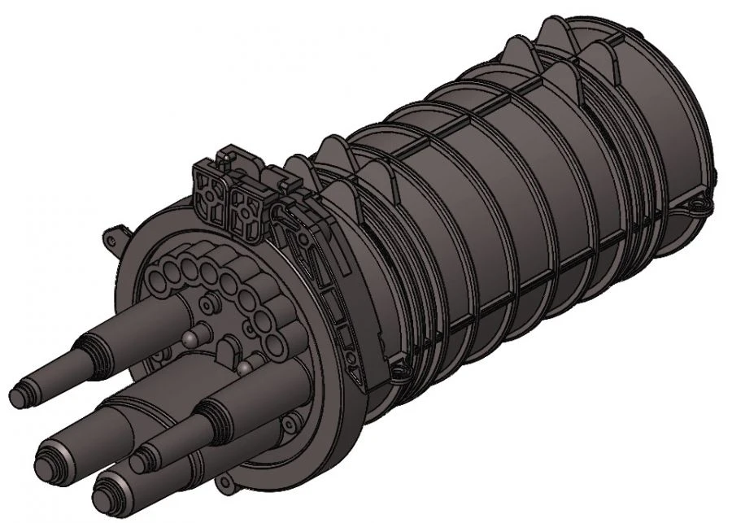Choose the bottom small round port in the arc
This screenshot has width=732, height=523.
pyautogui.click(x=277, y=347)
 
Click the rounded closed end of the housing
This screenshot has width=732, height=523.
pyautogui.click(x=699, y=122)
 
